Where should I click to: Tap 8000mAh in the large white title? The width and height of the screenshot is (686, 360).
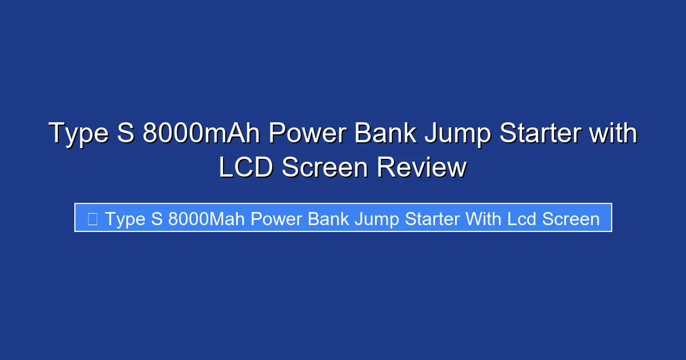(201, 134)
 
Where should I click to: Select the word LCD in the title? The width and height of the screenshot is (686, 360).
(246, 167)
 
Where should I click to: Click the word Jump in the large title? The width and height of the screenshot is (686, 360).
(454, 134)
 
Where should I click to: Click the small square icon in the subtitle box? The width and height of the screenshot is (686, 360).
(93, 218)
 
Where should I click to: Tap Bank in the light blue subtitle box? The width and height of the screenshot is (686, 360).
(329, 219)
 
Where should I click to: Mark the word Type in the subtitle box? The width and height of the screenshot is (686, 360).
(125, 219)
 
